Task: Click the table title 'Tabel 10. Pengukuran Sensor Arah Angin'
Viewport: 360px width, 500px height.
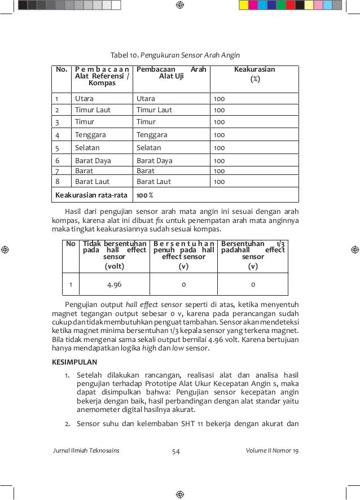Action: tap(175, 55)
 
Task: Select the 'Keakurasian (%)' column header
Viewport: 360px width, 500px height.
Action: tap(254, 74)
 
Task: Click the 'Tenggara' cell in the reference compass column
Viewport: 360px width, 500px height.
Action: tap(90, 135)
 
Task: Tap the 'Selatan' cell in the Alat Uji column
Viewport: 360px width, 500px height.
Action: tap(149, 148)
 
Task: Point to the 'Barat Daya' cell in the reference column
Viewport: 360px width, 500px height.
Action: tap(93, 161)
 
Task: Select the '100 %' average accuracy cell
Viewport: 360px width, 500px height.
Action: tap(146, 196)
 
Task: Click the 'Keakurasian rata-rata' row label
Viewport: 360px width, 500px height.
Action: tap(90, 196)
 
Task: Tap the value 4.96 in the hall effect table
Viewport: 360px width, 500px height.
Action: tap(115, 284)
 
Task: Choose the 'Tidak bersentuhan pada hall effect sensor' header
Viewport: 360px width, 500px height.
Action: tap(114, 253)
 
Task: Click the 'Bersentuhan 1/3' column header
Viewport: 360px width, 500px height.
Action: tap(253, 253)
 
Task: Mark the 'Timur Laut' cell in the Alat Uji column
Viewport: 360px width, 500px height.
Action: tap(154, 110)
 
